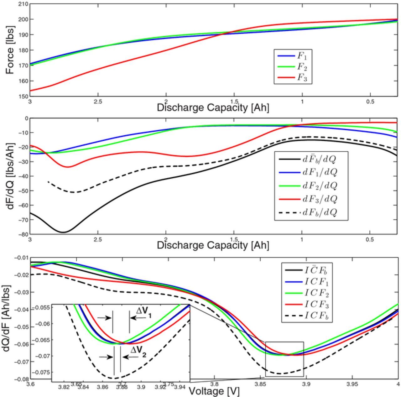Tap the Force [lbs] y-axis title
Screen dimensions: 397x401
tap(10, 56)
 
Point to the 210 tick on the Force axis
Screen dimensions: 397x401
tap(24, 4)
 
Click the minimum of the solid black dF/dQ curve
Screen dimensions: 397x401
tap(64, 232)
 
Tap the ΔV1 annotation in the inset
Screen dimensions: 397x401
tap(144, 312)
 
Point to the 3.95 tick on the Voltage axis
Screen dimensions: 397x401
tap(352, 384)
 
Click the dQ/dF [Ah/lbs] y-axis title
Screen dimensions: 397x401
tap(7, 318)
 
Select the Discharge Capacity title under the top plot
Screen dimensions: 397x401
tap(213, 107)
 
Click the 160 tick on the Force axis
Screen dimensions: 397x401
tap(24, 81)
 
